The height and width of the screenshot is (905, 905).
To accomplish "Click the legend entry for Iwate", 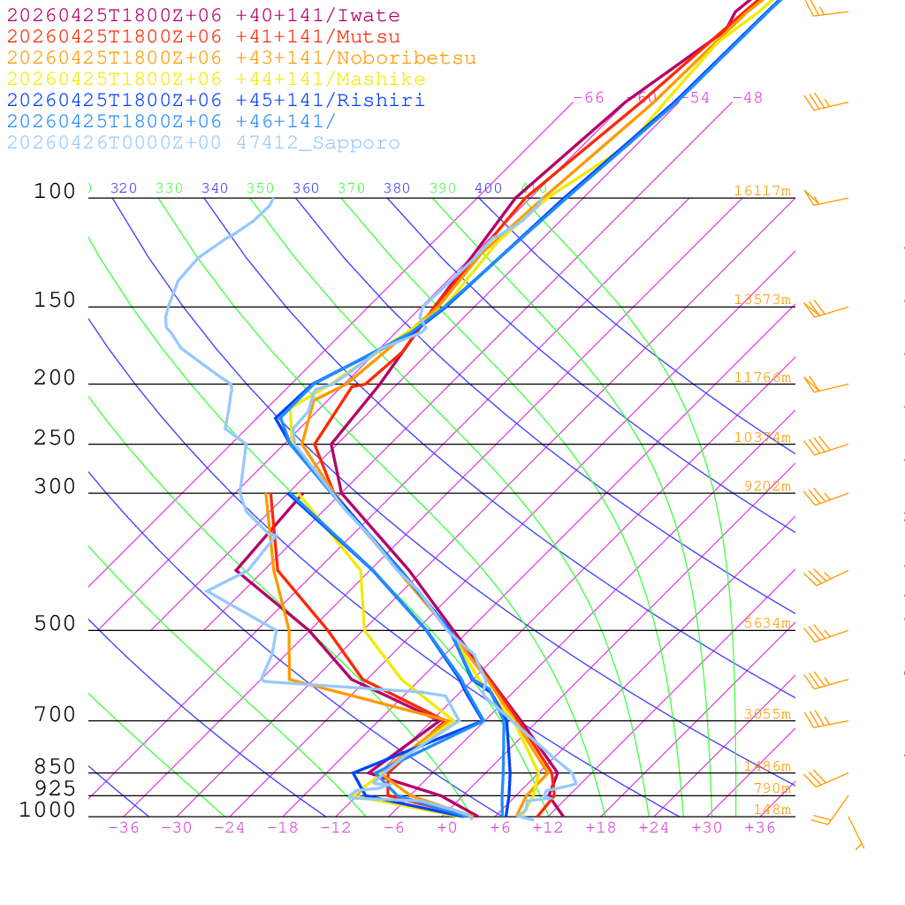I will tap(203, 16).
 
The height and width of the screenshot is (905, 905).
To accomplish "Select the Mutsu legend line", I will tap(203, 37).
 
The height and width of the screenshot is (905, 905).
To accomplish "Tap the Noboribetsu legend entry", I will tap(241, 58).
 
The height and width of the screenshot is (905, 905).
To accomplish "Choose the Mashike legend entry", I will tap(216, 80).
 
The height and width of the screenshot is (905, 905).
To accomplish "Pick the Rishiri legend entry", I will tap(216, 101).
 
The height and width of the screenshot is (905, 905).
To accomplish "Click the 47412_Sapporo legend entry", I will tap(203, 143).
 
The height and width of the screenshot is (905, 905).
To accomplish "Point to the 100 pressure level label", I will tap(55, 192).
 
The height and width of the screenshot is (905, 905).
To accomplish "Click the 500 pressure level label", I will tap(55, 624).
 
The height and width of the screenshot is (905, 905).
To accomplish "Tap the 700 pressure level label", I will tap(55, 715).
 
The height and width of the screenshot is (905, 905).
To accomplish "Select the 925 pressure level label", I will tap(55, 788).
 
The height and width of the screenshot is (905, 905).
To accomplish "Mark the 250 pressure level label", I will tap(55, 438).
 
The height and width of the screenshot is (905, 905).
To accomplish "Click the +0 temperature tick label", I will tap(447, 828).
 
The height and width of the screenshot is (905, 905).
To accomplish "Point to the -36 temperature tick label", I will tap(124, 828).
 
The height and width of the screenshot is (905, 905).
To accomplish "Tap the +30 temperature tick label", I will tap(707, 828).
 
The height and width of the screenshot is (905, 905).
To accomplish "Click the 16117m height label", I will tap(763, 191).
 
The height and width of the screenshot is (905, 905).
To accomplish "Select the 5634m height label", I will tap(766, 623).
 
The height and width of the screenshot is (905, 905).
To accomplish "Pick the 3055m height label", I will tap(766, 714).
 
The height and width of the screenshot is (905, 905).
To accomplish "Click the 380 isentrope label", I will tap(397, 188).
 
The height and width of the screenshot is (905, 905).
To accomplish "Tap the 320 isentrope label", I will tap(124, 188).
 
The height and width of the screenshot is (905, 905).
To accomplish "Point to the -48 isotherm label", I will tap(747, 98).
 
